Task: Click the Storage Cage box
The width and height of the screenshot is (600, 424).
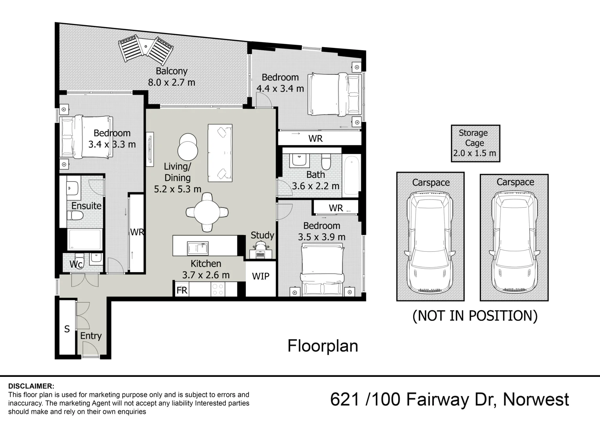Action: (x=475, y=143)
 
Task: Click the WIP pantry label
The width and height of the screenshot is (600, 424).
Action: (x=260, y=276)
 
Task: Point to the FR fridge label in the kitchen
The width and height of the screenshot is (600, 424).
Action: (x=182, y=290)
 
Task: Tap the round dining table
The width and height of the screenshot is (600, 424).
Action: (x=207, y=212)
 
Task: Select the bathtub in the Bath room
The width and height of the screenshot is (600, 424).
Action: (x=351, y=175)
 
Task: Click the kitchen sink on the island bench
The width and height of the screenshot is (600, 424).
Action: (x=197, y=248)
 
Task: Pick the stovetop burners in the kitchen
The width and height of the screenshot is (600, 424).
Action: (x=218, y=289)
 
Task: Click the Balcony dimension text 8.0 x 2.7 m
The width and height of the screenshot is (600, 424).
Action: (x=172, y=83)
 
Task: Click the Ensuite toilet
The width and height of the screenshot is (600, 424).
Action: (x=75, y=216)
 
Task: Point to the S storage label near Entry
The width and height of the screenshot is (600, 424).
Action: (x=67, y=329)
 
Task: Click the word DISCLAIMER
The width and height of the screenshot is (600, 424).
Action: (x=31, y=386)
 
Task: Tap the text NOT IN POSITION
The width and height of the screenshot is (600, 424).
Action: (x=475, y=316)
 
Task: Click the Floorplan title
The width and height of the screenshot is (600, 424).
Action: (x=322, y=346)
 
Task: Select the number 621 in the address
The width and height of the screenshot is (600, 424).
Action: (x=345, y=400)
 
